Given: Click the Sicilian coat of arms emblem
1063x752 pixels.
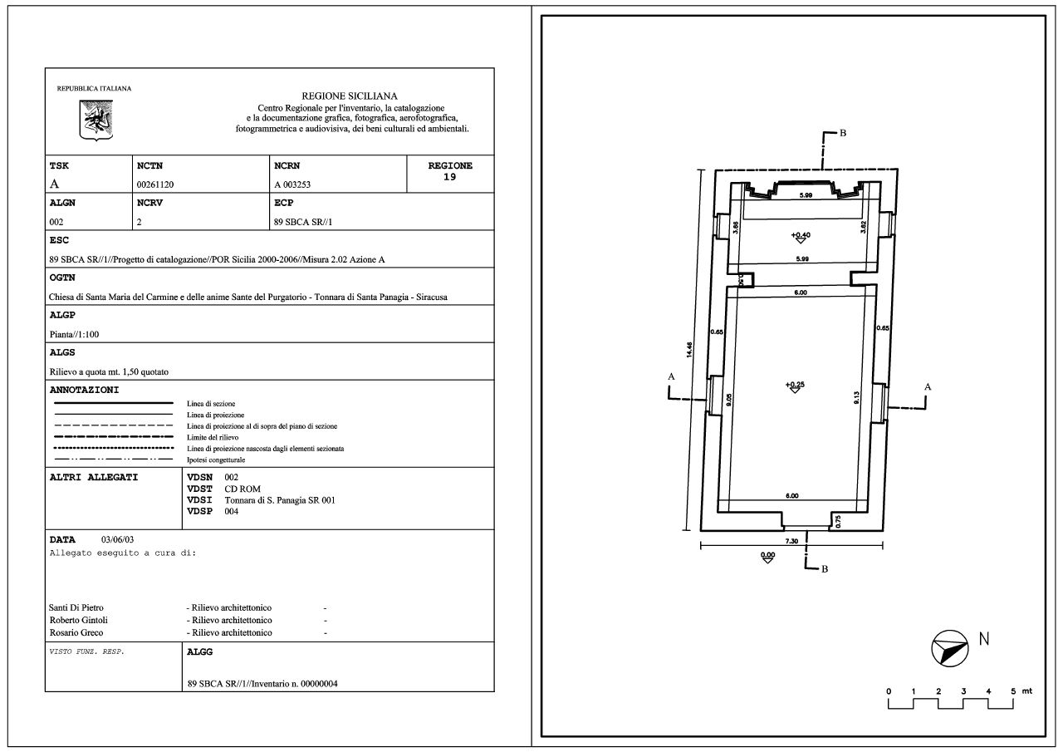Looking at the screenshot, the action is point(96,120).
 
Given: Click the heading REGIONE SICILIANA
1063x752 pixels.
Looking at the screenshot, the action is point(350,96).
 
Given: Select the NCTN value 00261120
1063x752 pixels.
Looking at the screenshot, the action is point(155,184).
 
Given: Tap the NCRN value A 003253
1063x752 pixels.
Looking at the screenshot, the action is point(292,184).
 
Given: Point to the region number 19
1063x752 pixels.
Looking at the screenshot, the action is point(449,177).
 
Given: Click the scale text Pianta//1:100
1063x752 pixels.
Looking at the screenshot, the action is point(75,334).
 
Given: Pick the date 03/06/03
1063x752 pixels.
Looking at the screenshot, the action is point(118,539).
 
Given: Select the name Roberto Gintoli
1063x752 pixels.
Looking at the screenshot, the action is point(78,620).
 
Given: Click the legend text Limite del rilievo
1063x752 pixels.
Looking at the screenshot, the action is point(213,437).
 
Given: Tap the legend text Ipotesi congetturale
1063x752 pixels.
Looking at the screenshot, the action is point(216,460).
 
